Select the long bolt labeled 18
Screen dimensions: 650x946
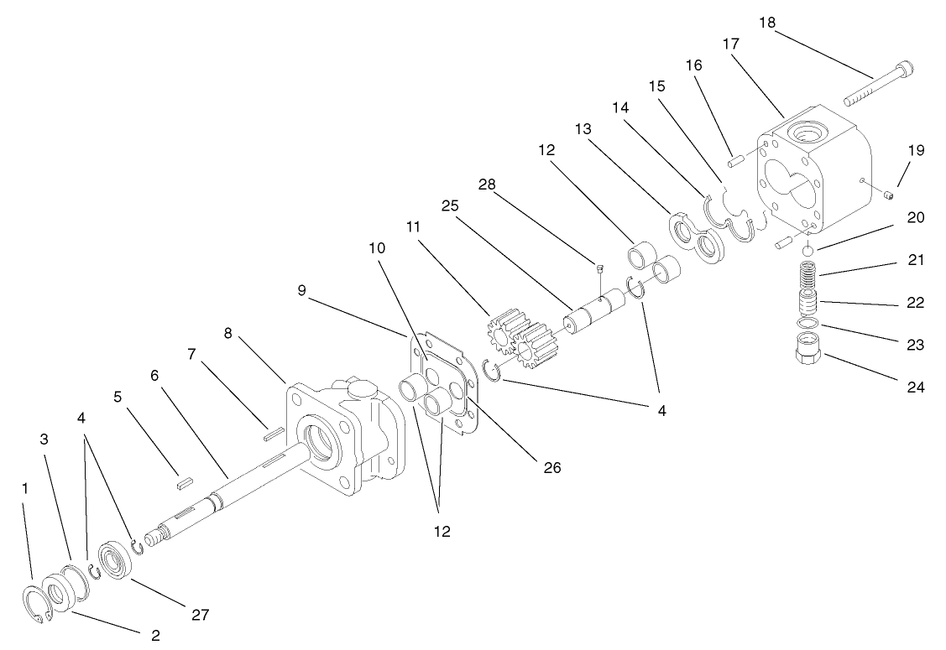click(x=877, y=86)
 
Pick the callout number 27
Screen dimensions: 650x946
click(x=199, y=615)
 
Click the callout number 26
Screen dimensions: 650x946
click(x=551, y=466)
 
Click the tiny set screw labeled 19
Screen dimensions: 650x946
click(x=889, y=196)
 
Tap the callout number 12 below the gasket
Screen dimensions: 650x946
click(x=442, y=531)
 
